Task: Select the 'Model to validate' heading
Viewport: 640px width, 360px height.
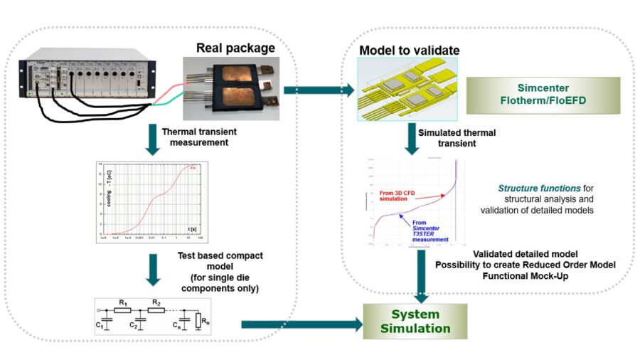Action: (x=409, y=51)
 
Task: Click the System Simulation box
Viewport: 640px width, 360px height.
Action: (x=415, y=321)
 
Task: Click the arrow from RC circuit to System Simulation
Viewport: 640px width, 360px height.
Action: (x=299, y=324)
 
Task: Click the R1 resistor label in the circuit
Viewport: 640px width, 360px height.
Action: (x=124, y=302)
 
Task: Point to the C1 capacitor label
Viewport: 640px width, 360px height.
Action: (x=99, y=326)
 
